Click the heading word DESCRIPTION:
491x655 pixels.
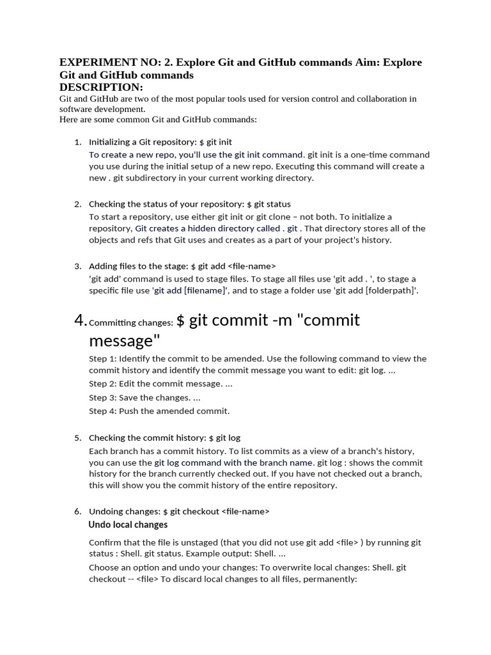click(101, 87)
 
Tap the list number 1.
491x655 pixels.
click(77, 142)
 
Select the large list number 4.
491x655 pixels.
click(81, 320)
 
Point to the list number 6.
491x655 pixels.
click(77, 511)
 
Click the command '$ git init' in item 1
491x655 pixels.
click(215, 142)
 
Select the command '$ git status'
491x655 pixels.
click(269, 204)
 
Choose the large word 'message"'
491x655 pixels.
click(124, 341)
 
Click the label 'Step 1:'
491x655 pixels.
click(102, 359)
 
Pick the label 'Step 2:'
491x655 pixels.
click(102, 383)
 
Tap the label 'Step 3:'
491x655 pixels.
click(102, 397)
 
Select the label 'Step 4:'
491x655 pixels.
click(102, 411)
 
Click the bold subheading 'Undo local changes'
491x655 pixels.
click(128, 525)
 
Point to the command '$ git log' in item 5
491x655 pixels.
click(224, 438)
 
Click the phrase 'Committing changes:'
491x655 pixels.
click(131, 323)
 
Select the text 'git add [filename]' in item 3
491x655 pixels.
click(190, 290)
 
